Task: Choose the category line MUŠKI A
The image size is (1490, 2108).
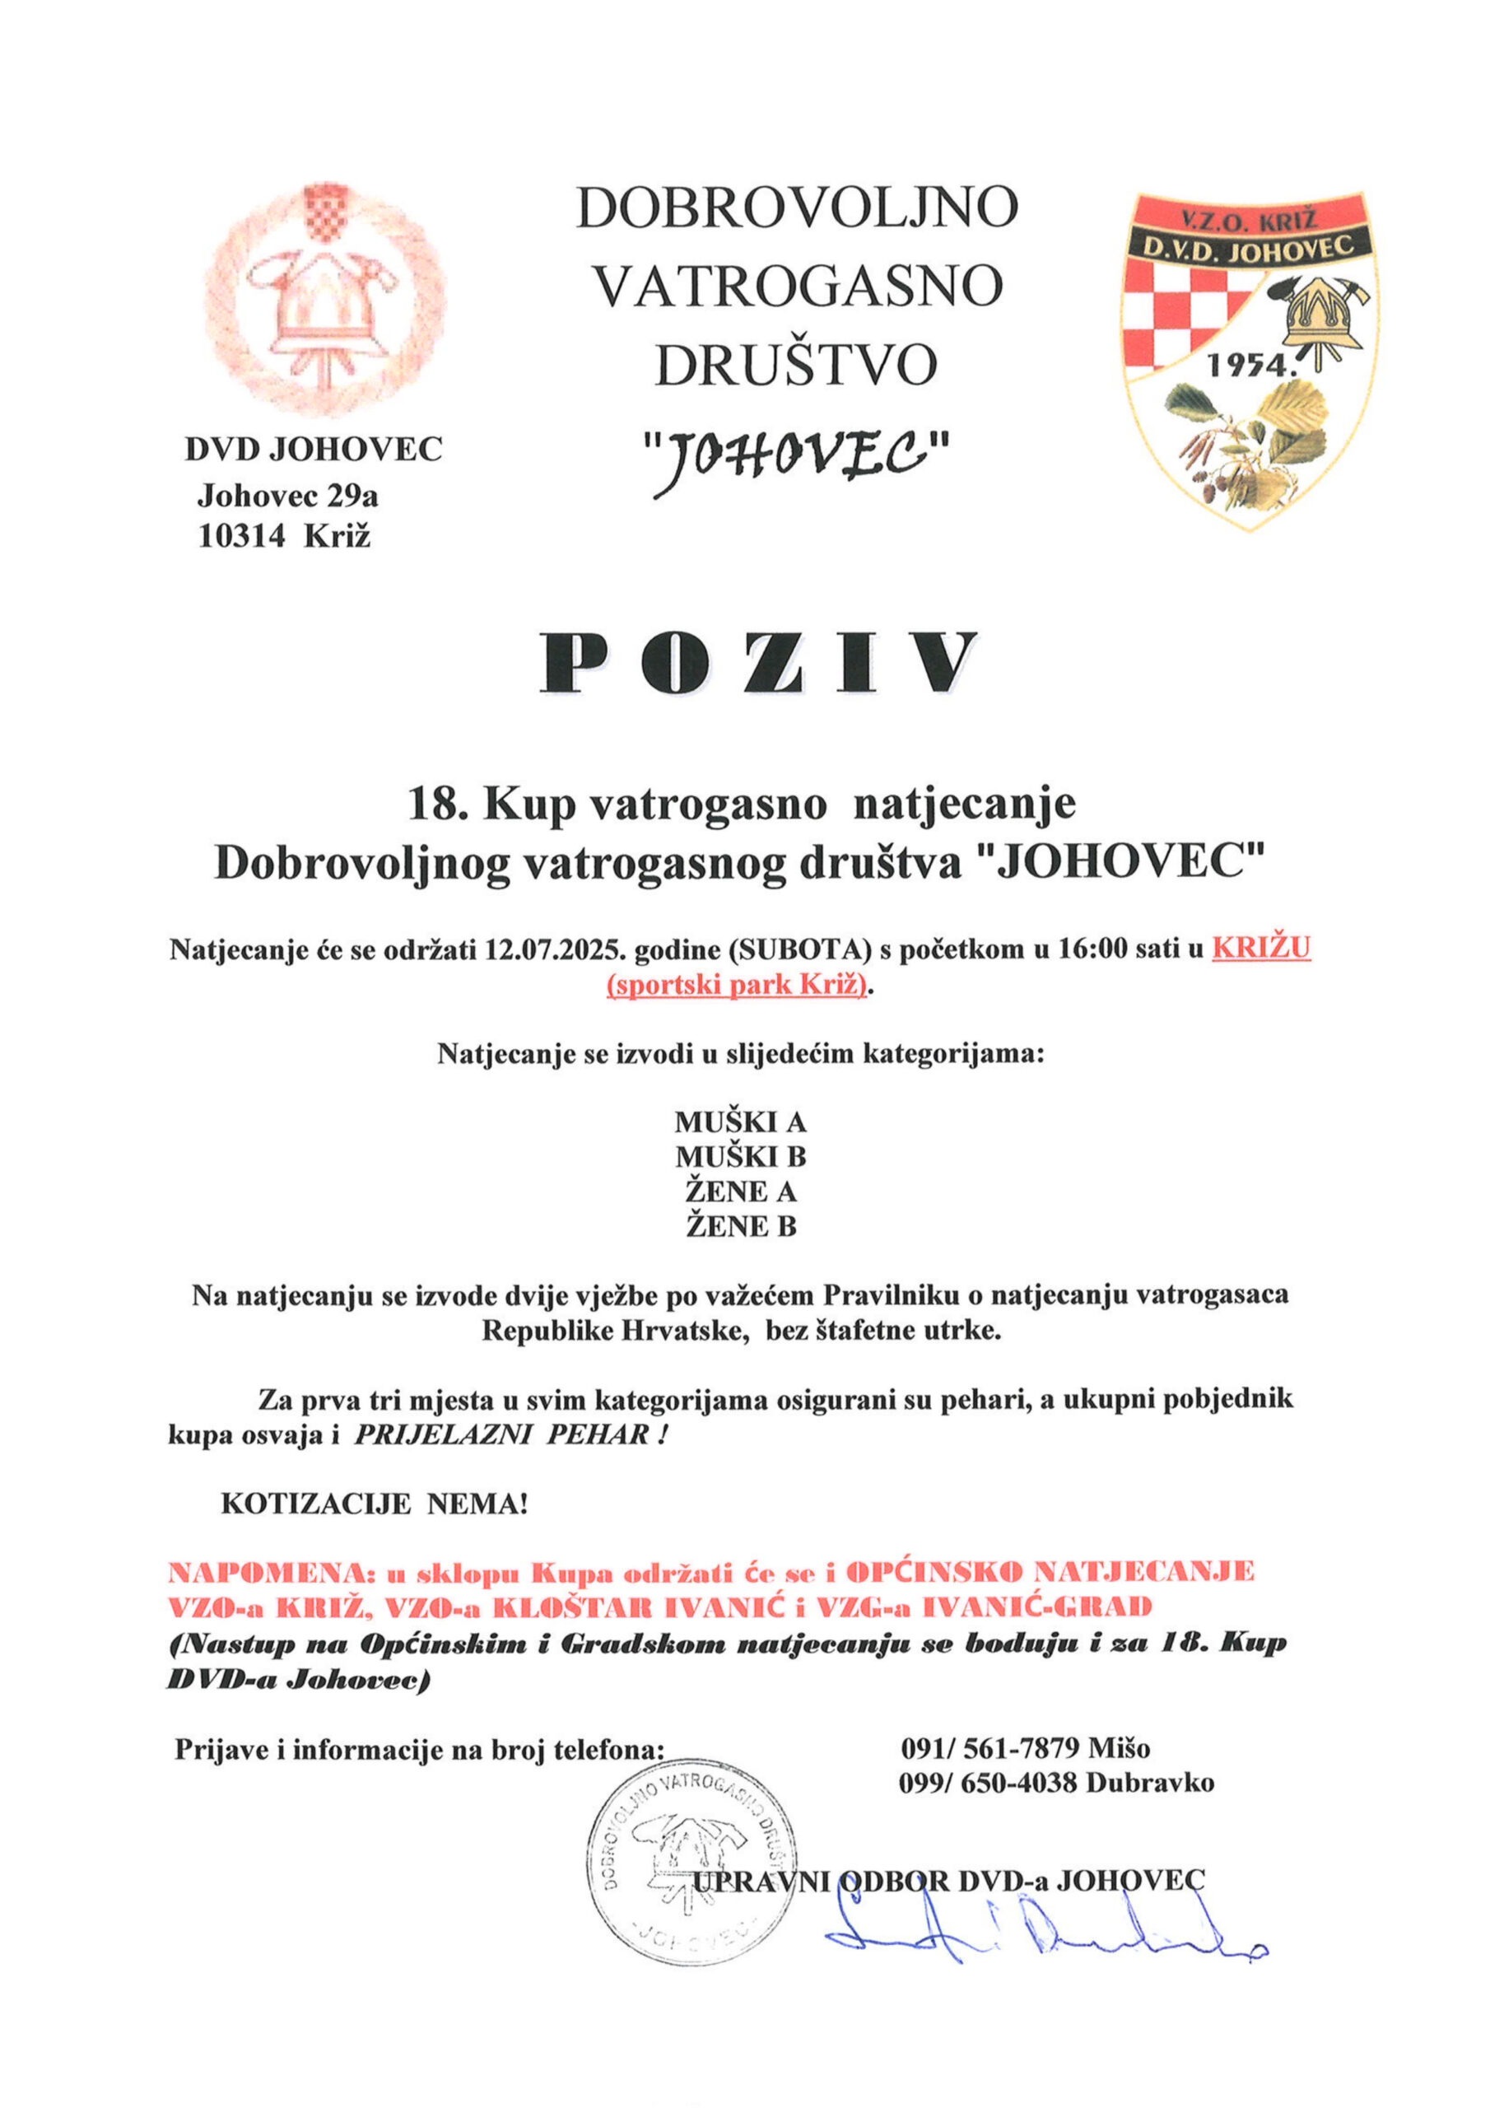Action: (x=740, y=1122)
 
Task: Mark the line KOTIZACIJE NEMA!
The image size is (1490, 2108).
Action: (x=375, y=1506)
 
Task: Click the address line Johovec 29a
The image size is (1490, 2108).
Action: (x=287, y=497)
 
